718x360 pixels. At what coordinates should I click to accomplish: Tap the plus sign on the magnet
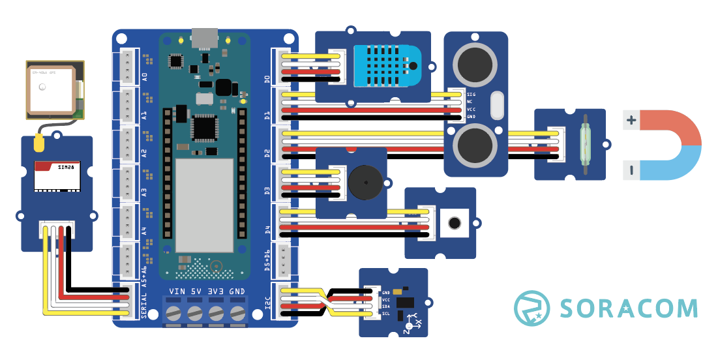tap(631, 120)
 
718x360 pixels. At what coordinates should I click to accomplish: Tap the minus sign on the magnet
tap(631, 171)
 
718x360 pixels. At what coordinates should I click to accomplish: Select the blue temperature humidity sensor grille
tap(387, 66)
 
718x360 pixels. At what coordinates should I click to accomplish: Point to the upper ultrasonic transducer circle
tap(474, 64)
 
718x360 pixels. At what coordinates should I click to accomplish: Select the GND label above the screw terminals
tap(237, 291)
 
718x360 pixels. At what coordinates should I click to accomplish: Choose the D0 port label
tap(267, 80)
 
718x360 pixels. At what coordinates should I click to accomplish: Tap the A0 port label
tap(144, 77)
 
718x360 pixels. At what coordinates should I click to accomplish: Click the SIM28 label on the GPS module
tap(66, 167)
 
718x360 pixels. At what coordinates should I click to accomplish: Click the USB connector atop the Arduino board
tap(205, 38)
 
